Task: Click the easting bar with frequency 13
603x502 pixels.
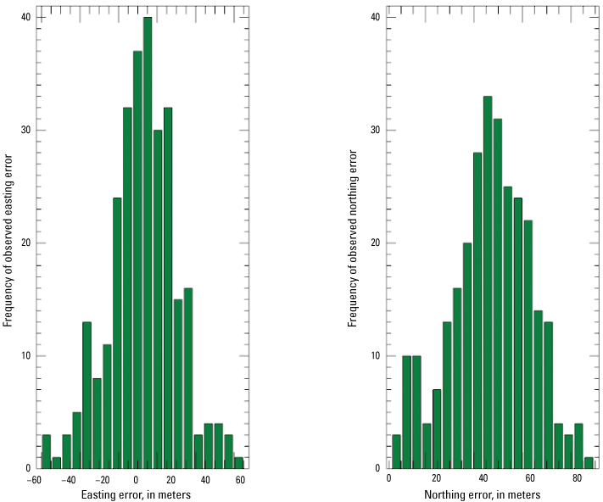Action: (x=87, y=395)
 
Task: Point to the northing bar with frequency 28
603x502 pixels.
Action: (x=477, y=310)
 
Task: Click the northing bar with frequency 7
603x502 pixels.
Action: (x=437, y=429)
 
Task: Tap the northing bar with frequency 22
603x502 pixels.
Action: (x=528, y=344)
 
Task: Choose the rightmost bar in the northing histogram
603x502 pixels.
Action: (x=589, y=463)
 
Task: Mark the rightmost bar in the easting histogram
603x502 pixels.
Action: (x=238, y=463)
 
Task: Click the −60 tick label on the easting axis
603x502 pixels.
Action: (x=34, y=480)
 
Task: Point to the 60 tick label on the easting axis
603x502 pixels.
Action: (x=240, y=480)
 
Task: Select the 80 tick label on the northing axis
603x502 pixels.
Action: (x=578, y=480)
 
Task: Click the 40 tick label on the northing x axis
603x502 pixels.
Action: (x=483, y=480)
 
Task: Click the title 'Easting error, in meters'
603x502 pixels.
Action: (x=136, y=494)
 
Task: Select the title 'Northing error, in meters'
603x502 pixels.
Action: (x=483, y=494)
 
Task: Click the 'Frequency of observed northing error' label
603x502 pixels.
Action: (x=353, y=239)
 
